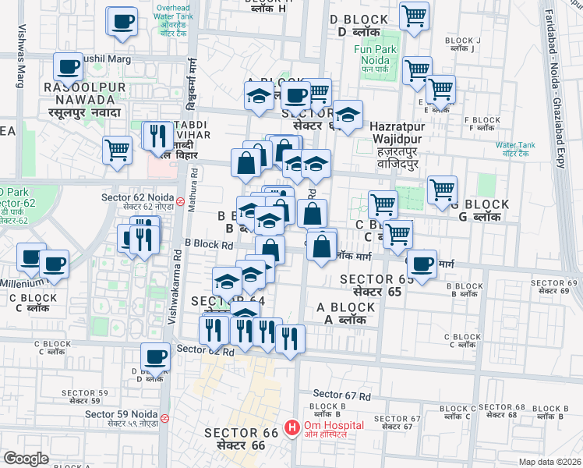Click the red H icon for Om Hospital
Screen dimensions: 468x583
point(292,427)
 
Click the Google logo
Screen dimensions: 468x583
point(26,459)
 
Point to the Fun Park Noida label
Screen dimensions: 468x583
point(376,55)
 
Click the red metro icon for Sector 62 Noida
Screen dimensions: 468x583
point(180,200)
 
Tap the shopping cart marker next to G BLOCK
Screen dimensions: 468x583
point(442,190)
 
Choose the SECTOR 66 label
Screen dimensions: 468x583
point(235,439)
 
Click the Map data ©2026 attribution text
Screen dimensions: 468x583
point(549,461)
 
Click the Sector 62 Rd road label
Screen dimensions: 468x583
point(206,351)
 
